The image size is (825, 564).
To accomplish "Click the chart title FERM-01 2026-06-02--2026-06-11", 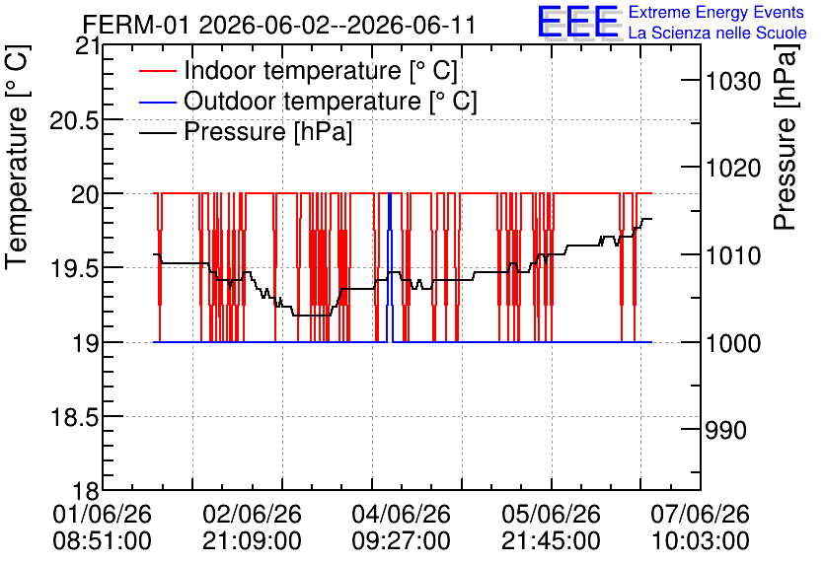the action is tap(279, 25).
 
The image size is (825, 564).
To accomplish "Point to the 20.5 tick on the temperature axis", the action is tap(74, 121).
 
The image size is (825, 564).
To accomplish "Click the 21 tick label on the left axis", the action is tap(88, 46).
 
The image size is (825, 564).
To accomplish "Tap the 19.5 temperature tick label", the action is tap(74, 269).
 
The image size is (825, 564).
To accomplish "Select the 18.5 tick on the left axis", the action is tap(74, 418).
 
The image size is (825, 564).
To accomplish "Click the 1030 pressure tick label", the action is tap(733, 82).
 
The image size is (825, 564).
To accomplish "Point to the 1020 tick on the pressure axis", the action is tap(733, 169).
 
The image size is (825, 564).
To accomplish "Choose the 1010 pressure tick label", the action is tap(733, 256).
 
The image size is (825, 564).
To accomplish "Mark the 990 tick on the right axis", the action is tap(726, 431).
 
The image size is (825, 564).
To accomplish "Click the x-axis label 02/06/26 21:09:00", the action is tap(252, 527).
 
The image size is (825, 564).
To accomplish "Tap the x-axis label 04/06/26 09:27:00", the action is tap(402, 527).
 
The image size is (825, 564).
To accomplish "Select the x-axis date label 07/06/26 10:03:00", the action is tap(701, 527).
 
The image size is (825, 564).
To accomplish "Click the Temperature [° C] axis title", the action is tap(18, 157).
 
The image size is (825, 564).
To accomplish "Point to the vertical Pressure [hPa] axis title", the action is tap(786, 137).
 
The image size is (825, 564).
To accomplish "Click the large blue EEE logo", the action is tap(578, 22).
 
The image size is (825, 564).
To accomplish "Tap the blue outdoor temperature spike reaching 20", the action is tap(390, 267).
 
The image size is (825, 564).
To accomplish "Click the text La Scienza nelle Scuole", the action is tap(717, 33).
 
